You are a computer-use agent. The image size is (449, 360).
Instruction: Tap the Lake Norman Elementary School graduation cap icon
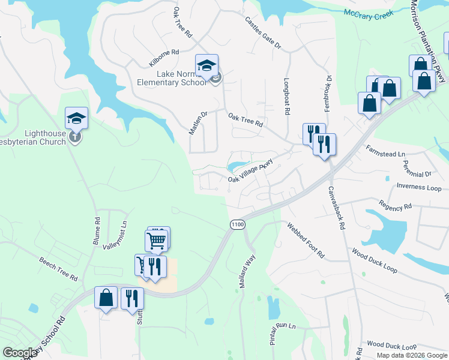(206, 65)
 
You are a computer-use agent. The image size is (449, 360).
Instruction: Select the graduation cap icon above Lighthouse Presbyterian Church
(77, 118)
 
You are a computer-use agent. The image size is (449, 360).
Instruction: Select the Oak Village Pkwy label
(250, 171)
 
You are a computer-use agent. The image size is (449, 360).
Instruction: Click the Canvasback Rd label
(336, 208)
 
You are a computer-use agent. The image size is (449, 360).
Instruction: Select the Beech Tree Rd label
(58, 269)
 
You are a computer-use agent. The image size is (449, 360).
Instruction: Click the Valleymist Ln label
(115, 236)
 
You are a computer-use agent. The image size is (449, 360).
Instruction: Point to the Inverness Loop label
(419, 186)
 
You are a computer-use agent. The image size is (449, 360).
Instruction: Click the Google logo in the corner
(20, 353)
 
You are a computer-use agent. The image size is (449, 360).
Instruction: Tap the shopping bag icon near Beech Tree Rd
(106, 298)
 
